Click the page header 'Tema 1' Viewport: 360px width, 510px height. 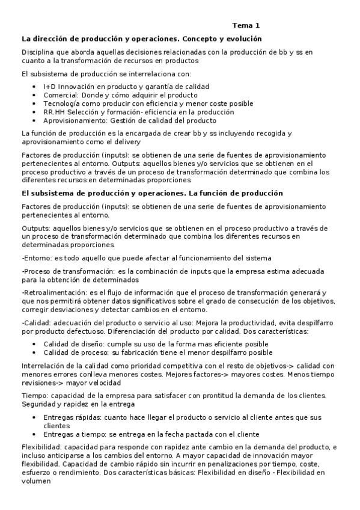(246, 26)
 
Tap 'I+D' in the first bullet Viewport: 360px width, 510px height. (50, 87)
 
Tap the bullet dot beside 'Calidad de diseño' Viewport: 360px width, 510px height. (34, 344)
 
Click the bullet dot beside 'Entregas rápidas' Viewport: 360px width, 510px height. (34, 417)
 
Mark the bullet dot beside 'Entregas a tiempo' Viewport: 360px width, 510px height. (34, 434)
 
